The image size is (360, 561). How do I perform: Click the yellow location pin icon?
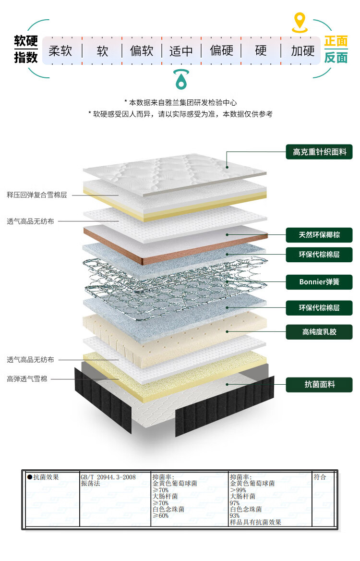click(300, 22)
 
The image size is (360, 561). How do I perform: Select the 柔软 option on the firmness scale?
click(60, 50)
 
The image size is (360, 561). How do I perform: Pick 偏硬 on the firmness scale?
click(221, 50)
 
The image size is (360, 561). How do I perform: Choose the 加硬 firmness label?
click(303, 50)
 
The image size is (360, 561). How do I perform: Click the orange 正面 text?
click(336, 42)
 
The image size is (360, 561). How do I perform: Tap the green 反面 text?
click(336, 58)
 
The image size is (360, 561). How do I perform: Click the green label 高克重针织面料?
click(319, 152)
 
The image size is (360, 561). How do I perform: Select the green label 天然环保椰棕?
click(319, 235)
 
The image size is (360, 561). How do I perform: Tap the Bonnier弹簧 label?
click(319, 281)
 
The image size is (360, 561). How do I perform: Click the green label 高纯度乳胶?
click(319, 332)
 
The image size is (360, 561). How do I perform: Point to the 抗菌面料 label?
click(319, 384)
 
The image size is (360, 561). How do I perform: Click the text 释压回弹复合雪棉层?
click(37, 195)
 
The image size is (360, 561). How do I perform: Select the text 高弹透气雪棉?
click(27, 379)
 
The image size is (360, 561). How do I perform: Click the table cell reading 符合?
click(320, 477)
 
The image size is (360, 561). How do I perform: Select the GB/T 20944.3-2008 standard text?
click(108, 477)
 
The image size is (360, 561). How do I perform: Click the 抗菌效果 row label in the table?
click(46, 477)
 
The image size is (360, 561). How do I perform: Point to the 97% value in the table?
click(235, 503)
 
